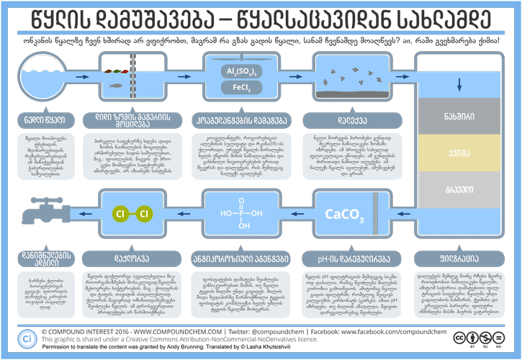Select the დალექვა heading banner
tap(340, 117)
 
